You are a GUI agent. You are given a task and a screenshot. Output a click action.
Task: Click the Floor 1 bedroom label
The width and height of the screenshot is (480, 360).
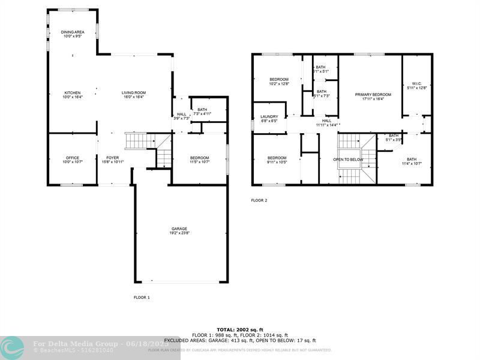point(199,160)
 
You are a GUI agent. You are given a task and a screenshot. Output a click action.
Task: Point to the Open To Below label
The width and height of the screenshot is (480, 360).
point(348,160)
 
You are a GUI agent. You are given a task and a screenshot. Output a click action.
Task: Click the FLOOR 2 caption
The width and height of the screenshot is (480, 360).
point(259,200)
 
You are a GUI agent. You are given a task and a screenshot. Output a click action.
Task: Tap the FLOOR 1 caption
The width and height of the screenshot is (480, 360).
point(142,297)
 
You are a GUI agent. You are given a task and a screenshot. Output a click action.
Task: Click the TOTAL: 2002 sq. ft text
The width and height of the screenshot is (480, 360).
point(239,330)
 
